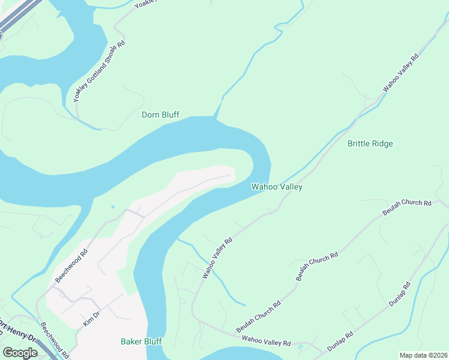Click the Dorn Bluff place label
pyautogui.click(x=160, y=115)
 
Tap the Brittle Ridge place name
pyautogui.click(x=370, y=143)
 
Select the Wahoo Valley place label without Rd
pyautogui.click(x=276, y=187)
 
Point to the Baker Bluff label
pyautogui.click(x=141, y=341)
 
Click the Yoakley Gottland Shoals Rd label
pyautogui.click(x=98, y=71)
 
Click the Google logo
pyautogui.click(x=20, y=353)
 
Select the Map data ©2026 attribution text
pyautogui.click(x=423, y=355)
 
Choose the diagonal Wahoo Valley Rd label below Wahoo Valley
pyautogui.click(x=217, y=258)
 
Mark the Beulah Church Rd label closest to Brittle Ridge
pyautogui.click(x=407, y=208)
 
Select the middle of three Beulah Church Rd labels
pyautogui.click(x=317, y=266)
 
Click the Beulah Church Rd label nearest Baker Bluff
pyautogui.click(x=258, y=317)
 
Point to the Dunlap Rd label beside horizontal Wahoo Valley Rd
pyautogui.click(x=342, y=343)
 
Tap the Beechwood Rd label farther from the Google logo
pyautogui.click(x=71, y=266)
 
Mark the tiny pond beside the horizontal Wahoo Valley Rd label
pyautogui.click(x=300, y=347)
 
